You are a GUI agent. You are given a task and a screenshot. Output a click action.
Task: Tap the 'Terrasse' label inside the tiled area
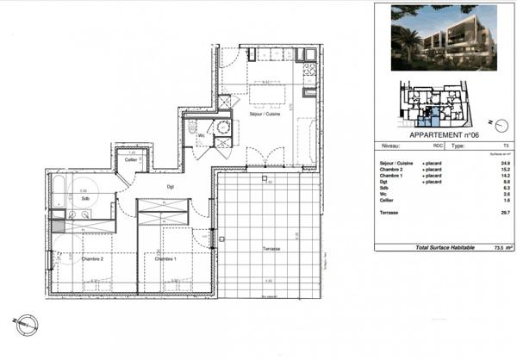point(272,249)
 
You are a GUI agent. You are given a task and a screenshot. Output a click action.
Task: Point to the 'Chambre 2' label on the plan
point(92,258)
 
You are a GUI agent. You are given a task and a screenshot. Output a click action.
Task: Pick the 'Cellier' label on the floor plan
point(131,160)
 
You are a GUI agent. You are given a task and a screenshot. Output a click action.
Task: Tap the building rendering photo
point(443,38)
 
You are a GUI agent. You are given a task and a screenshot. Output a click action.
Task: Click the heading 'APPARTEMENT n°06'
point(443,135)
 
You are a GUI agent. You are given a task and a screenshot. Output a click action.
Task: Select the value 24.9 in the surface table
point(507,163)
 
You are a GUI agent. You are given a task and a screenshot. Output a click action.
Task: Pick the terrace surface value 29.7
point(507,212)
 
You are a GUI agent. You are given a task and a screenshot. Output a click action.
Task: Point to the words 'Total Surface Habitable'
point(445,246)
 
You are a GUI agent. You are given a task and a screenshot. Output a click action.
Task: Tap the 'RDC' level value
point(438,146)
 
